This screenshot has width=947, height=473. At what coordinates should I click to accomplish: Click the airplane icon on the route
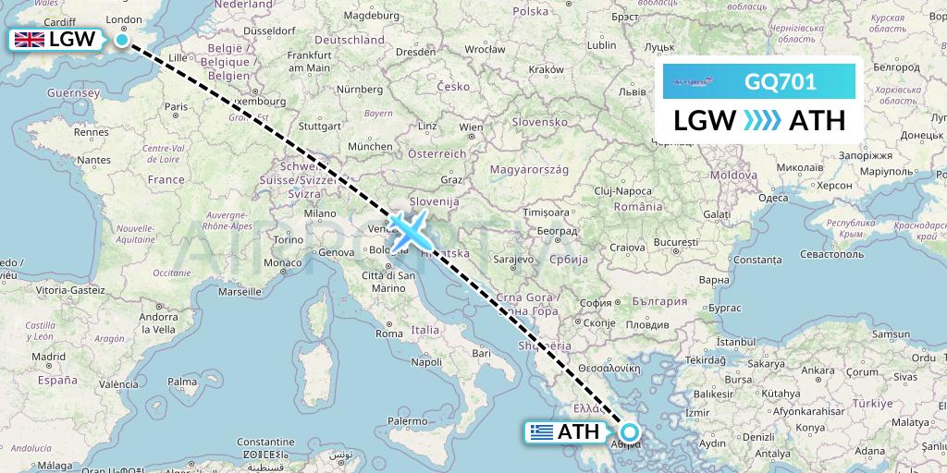(407, 230)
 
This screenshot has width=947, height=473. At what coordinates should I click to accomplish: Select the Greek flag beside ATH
(541, 431)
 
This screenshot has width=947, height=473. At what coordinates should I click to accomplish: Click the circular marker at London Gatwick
(122, 39)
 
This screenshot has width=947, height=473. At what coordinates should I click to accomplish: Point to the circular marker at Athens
(630, 431)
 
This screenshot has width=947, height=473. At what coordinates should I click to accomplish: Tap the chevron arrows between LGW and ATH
(762, 121)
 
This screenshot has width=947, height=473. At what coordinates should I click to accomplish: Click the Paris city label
(177, 106)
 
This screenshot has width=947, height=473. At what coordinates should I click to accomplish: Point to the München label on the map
(371, 146)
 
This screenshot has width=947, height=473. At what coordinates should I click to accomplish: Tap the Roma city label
(388, 333)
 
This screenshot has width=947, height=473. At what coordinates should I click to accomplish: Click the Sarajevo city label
(516, 260)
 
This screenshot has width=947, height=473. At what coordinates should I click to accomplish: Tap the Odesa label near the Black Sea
(773, 198)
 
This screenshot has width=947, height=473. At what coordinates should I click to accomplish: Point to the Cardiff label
(59, 21)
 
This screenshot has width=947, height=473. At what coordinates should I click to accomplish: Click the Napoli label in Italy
(426, 361)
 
